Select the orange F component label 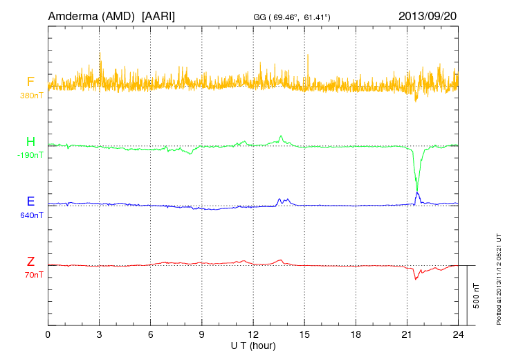pyautogui.click(x=30, y=82)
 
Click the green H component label pyautogui.click(x=30, y=142)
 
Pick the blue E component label pyautogui.click(x=30, y=201)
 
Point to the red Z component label pyautogui.click(x=30, y=262)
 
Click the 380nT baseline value pyautogui.click(x=32, y=95)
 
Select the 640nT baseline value pyautogui.click(x=32, y=215)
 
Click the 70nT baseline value pyautogui.click(x=32, y=275)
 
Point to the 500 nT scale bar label pyautogui.click(x=477, y=295)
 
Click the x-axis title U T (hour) pyautogui.click(x=253, y=345)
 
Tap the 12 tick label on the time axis pyautogui.click(x=253, y=334)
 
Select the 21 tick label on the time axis pyautogui.click(x=407, y=334)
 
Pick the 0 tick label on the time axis pyautogui.click(x=48, y=334)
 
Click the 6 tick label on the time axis pyautogui.click(x=151, y=334)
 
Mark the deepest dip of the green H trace pyautogui.click(x=416, y=189)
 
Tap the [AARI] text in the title pyautogui.click(x=158, y=15)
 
